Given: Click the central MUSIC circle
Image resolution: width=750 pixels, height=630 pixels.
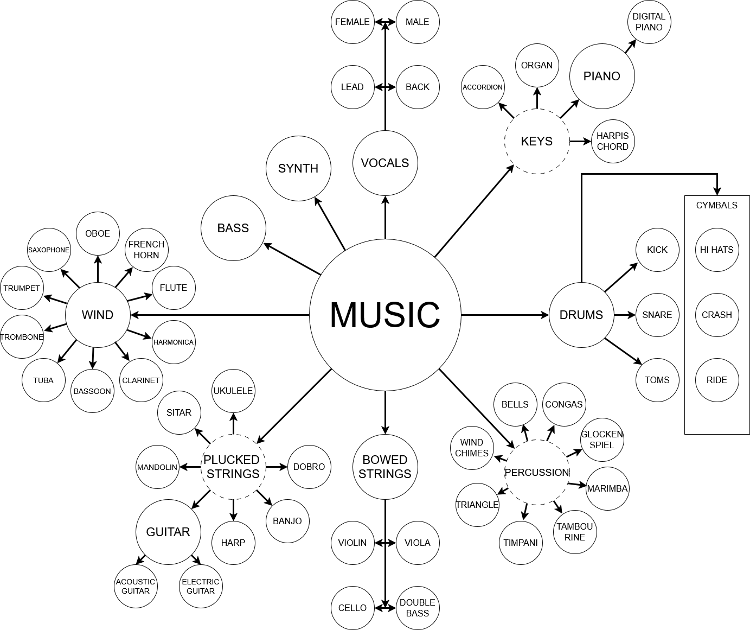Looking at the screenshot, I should tap(385, 315).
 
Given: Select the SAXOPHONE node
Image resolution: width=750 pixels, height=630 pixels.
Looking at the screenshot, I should tap(49, 250).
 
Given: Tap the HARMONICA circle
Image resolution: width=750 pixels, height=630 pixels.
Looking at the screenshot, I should tap(174, 342).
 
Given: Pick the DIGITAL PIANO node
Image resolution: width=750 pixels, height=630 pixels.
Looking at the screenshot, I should tap(649, 22).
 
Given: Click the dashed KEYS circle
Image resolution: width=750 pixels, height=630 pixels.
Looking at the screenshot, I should tap(536, 141).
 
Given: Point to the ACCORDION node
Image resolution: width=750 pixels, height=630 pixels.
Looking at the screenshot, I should tap(483, 87).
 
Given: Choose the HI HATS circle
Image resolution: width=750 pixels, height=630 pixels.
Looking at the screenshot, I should tap(716, 250).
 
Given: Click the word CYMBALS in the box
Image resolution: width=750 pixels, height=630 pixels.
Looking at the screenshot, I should tap(716, 205).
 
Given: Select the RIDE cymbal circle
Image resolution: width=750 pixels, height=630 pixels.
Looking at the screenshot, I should tap(716, 380).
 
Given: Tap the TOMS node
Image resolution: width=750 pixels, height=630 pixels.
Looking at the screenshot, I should tap(657, 380).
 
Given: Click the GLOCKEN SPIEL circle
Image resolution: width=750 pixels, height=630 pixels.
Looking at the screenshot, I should tap(601, 440).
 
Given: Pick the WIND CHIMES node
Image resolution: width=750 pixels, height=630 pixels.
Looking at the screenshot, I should tap(472, 448).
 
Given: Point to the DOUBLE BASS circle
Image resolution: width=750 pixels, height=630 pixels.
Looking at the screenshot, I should tap(417, 608).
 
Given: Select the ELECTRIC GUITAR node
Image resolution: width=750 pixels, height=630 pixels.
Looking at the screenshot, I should tap(201, 586).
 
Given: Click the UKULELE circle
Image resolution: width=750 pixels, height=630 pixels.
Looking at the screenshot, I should tap(233, 391).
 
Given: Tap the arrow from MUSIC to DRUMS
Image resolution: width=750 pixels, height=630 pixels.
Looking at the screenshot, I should tap(504, 315).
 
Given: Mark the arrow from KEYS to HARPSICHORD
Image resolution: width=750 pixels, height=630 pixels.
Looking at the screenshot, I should tap(580, 141).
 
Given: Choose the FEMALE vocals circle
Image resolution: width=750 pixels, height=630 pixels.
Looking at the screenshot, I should tap(352, 22).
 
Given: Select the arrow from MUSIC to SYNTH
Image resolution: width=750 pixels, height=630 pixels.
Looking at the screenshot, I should tap(330, 223).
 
